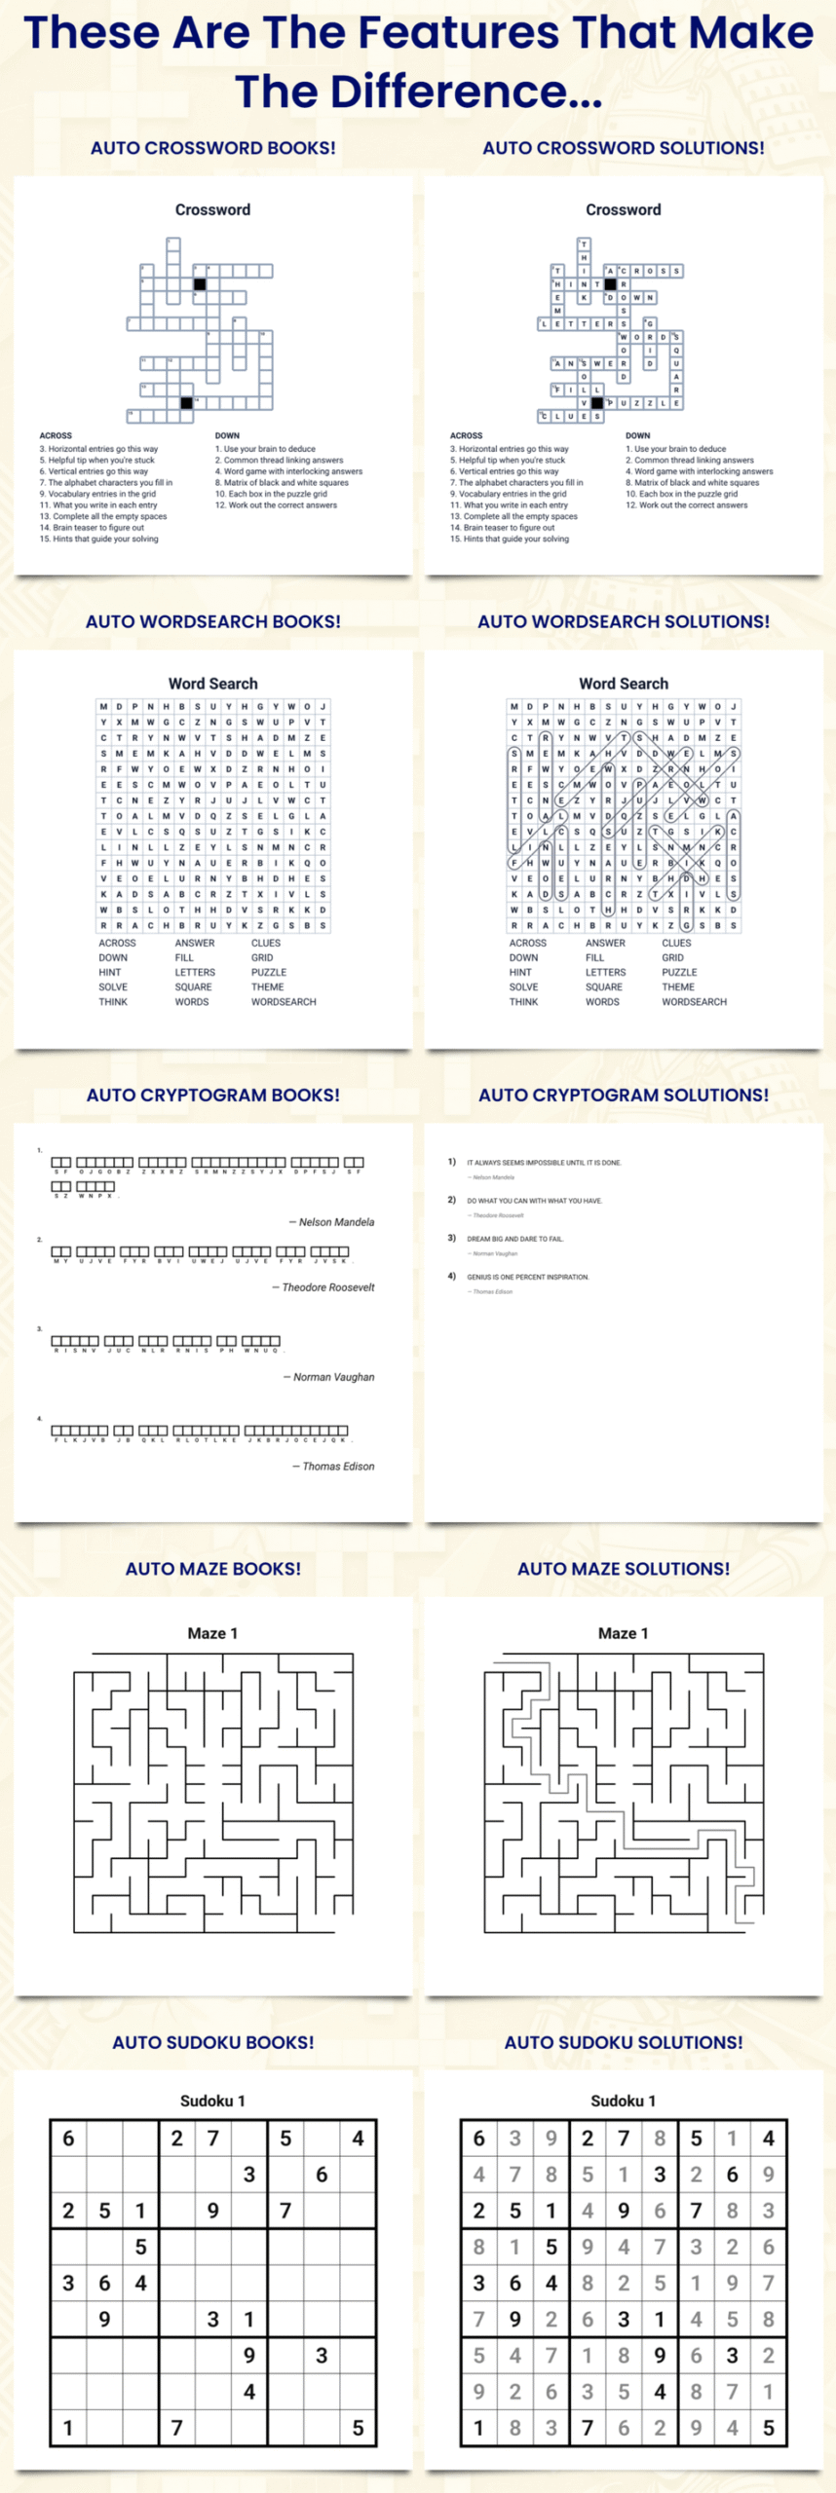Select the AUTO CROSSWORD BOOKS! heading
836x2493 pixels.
tap(212, 148)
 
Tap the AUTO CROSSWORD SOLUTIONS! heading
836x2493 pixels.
tap(624, 148)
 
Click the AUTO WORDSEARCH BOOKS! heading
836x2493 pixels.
tap(212, 621)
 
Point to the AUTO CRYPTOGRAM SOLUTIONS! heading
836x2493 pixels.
tap(624, 1095)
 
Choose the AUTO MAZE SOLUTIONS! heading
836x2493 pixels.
tap(624, 1569)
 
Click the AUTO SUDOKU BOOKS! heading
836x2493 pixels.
tap(212, 2042)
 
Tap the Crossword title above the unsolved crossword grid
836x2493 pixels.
tap(212, 209)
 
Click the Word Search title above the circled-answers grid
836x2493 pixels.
tap(624, 684)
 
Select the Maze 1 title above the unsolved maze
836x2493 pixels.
tap(212, 1633)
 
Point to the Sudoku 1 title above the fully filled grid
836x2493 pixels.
tap(624, 2101)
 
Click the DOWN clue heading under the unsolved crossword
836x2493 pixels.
tap(227, 435)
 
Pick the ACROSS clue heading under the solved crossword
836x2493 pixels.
tap(466, 435)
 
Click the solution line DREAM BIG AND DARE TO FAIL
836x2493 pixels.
tap(514, 1239)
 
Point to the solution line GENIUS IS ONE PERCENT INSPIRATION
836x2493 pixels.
tap(527, 1277)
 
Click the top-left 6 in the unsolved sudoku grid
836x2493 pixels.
tap(68, 2139)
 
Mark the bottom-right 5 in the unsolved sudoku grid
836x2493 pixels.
tap(358, 2429)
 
